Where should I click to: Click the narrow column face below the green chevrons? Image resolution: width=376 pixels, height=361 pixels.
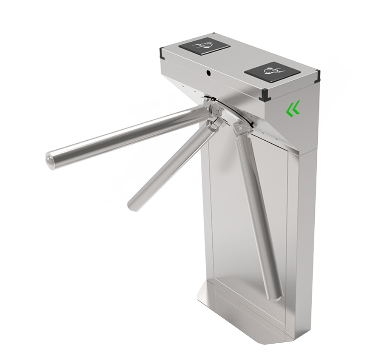[x=305, y=226]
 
